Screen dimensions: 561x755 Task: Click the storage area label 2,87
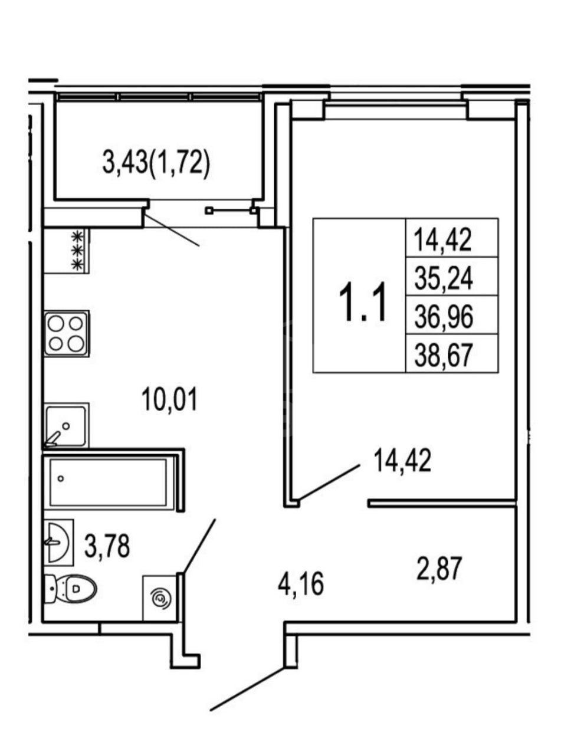click(x=439, y=569)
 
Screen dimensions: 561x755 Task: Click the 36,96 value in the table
click(x=444, y=317)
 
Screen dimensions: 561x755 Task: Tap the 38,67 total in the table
click(x=444, y=355)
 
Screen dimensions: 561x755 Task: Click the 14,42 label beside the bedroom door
click(x=402, y=461)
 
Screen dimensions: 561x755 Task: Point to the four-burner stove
click(x=66, y=334)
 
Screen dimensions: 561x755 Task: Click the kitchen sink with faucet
click(x=66, y=426)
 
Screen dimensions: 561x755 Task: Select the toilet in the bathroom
click(x=70, y=589)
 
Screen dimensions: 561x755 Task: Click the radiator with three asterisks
click(x=78, y=250)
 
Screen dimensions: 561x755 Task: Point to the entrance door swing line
click(x=247, y=678)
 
